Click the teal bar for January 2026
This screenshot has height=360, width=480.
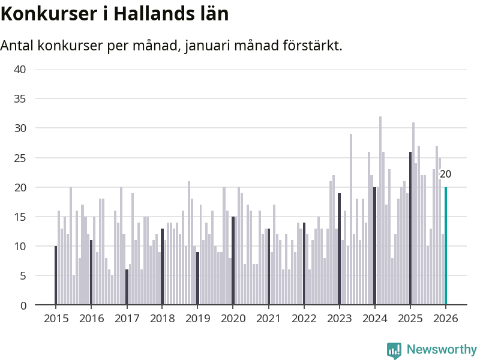point(445,246)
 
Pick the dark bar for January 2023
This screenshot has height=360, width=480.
point(339,249)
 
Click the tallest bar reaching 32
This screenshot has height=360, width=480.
point(380,211)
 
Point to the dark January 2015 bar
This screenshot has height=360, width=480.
point(56,275)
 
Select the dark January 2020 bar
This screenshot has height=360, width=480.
point(233,261)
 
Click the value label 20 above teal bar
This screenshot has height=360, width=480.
point(445,175)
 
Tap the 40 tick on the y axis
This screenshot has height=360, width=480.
point(20,69)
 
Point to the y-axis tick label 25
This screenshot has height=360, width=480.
point(20,158)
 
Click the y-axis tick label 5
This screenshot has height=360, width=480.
point(23,276)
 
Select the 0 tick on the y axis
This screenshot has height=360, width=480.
point(23,305)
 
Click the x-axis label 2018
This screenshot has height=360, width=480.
point(161,319)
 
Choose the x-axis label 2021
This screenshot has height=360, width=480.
point(268,319)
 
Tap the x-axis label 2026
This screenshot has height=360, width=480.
point(445,319)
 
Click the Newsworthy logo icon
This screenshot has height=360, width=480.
point(394,350)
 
